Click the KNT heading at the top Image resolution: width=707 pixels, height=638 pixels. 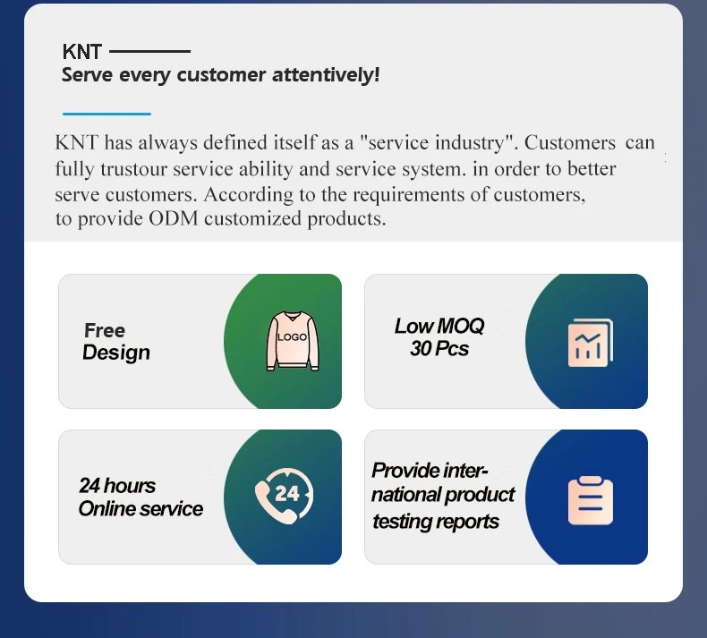click(82, 52)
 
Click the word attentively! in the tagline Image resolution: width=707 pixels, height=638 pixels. click(326, 75)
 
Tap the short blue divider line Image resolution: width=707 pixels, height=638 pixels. click(106, 114)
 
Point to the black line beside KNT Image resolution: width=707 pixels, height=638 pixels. click(149, 51)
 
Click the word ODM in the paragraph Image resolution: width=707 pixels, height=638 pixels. click(174, 218)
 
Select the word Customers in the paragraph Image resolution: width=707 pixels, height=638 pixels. click(570, 143)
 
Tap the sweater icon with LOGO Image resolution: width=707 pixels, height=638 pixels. click(293, 341)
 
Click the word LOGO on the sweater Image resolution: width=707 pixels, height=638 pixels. click(292, 337)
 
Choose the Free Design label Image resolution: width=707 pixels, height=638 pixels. click(115, 342)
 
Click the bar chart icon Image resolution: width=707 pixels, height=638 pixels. click(591, 343)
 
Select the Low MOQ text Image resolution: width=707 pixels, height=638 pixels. click(439, 326)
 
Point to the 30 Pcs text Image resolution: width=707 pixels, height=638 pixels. click(439, 349)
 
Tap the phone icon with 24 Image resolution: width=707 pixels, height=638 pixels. click(284, 496)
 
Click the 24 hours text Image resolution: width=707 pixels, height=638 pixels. click(117, 486)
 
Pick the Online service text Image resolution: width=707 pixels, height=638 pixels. click(141, 509)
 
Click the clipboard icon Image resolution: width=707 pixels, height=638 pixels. click(591, 500)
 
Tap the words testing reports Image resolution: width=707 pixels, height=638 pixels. click(436, 522)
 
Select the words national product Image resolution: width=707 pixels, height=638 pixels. click(443, 495)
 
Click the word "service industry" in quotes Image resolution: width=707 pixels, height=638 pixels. click(436, 143)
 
